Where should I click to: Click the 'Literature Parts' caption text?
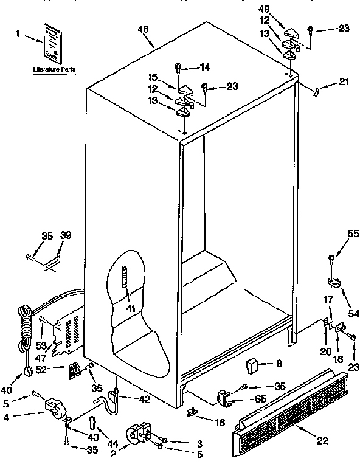pos(54,71)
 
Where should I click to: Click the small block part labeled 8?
pos(251,366)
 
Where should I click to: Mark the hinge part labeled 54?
pos(333,281)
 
